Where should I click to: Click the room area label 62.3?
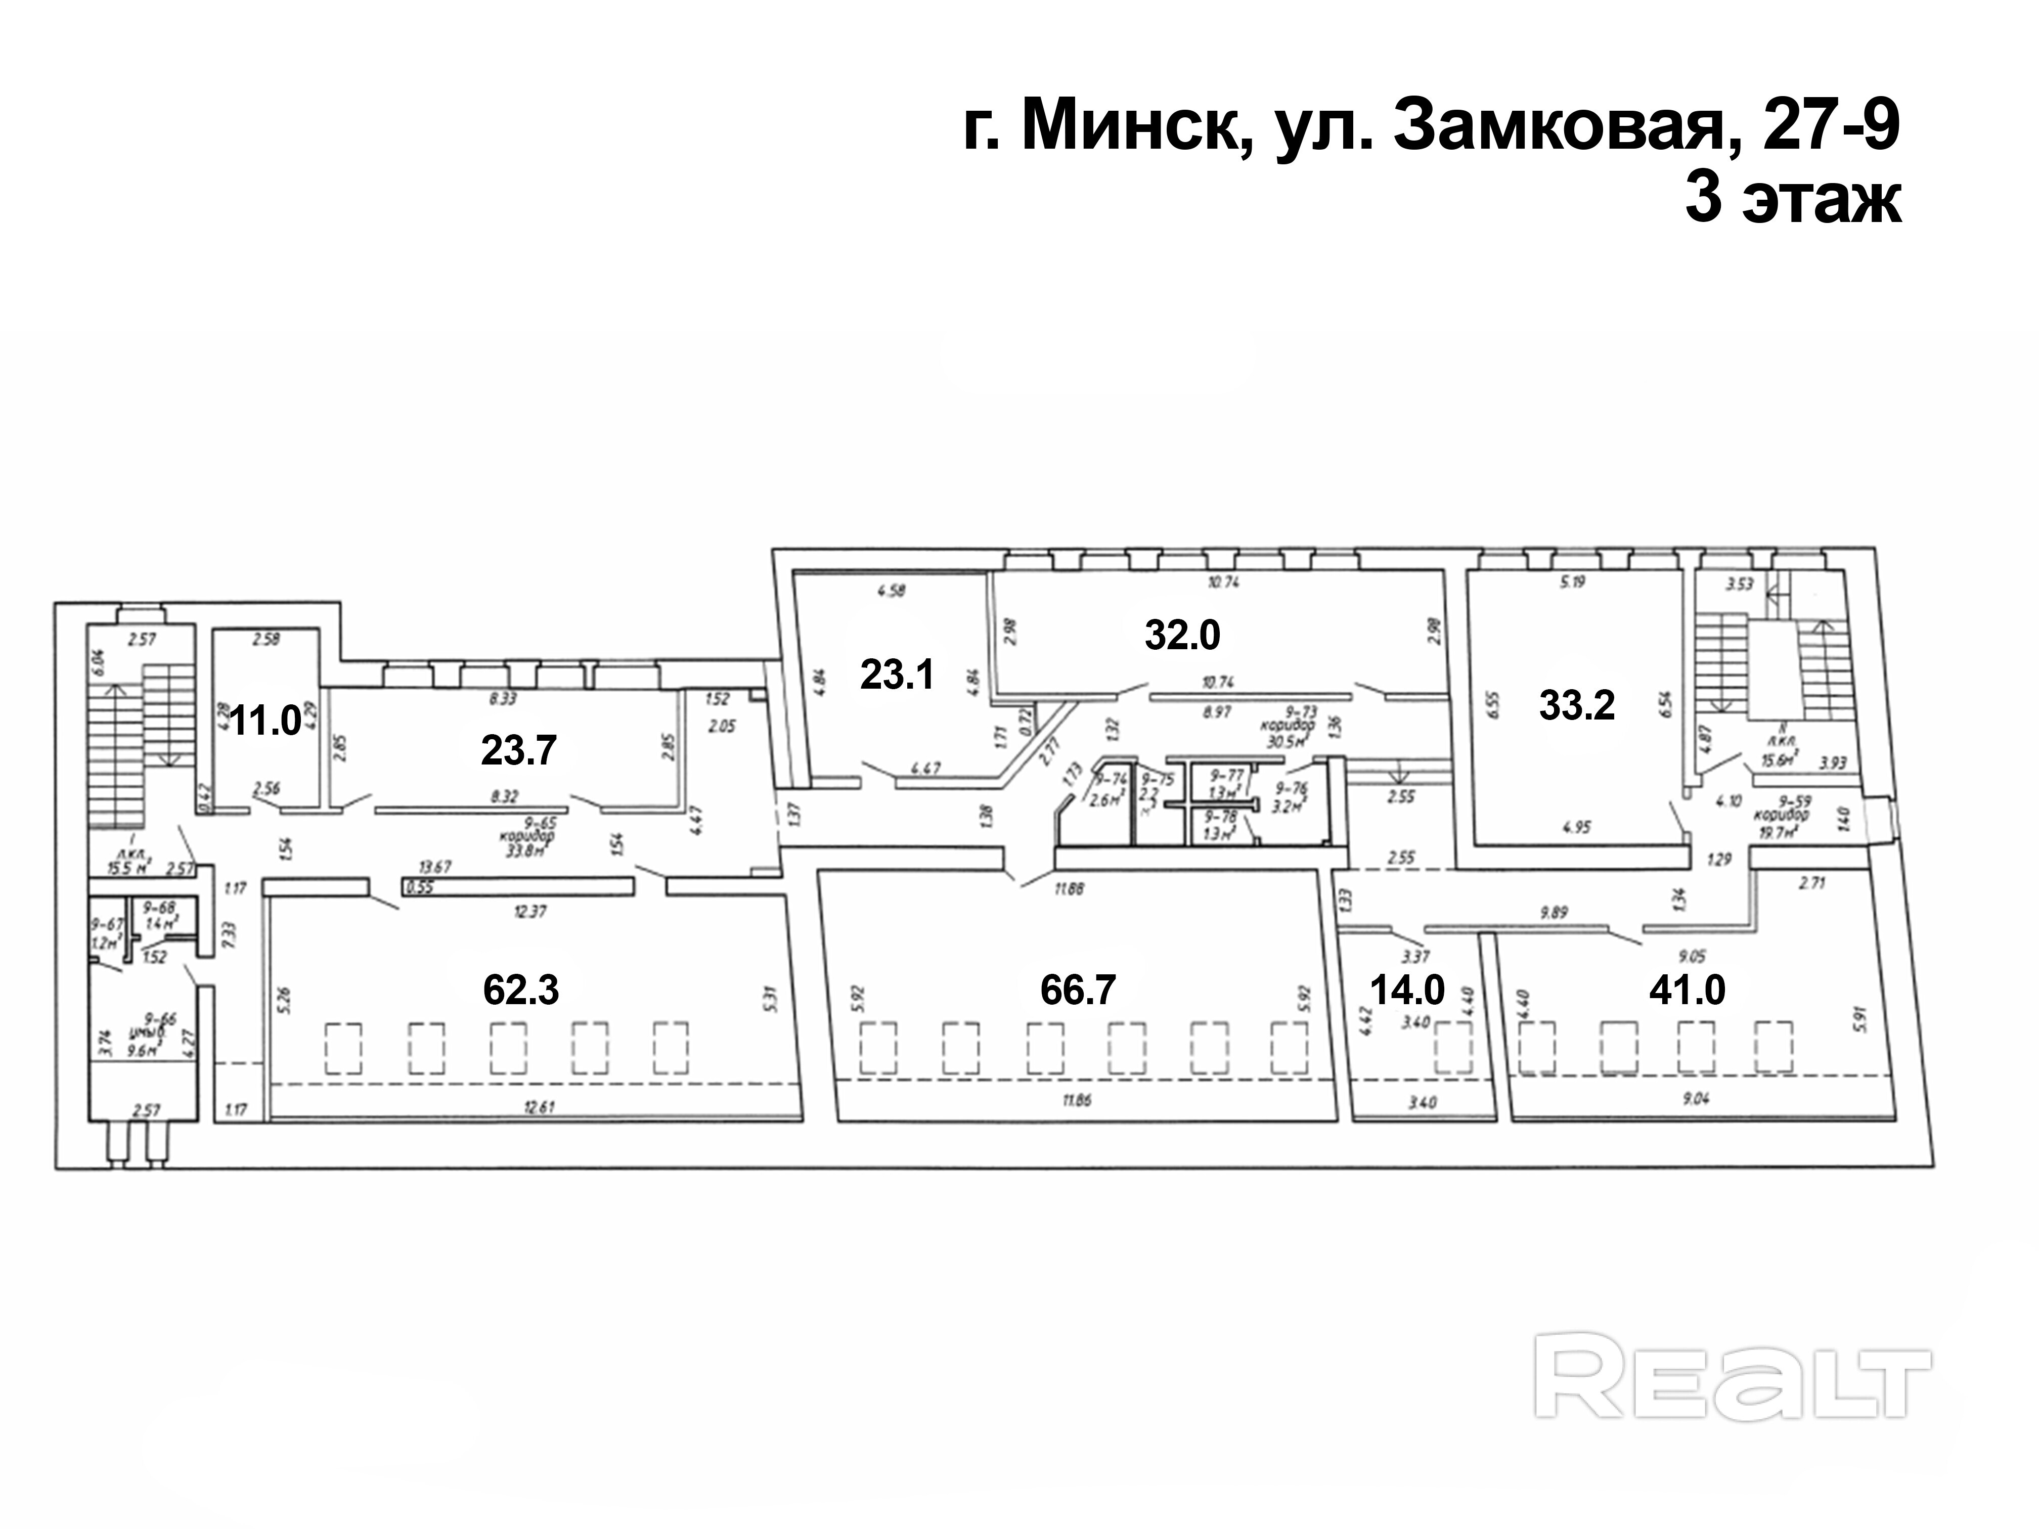pyautogui.click(x=521, y=990)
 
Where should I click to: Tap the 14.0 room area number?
pyautogui.click(x=1407, y=990)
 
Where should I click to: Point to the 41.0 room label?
pyautogui.click(x=1687, y=990)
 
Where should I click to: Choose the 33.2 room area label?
pyautogui.click(x=1577, y=706)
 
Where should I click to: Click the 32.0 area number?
pyautogui.click(x=1183, y=635)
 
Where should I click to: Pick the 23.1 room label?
pyautogui.click(x=897, y=676)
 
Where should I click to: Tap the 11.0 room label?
pyautogui.click(x=265, y=720)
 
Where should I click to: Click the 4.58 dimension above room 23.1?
pyautogui.click(x=892, y=592)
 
